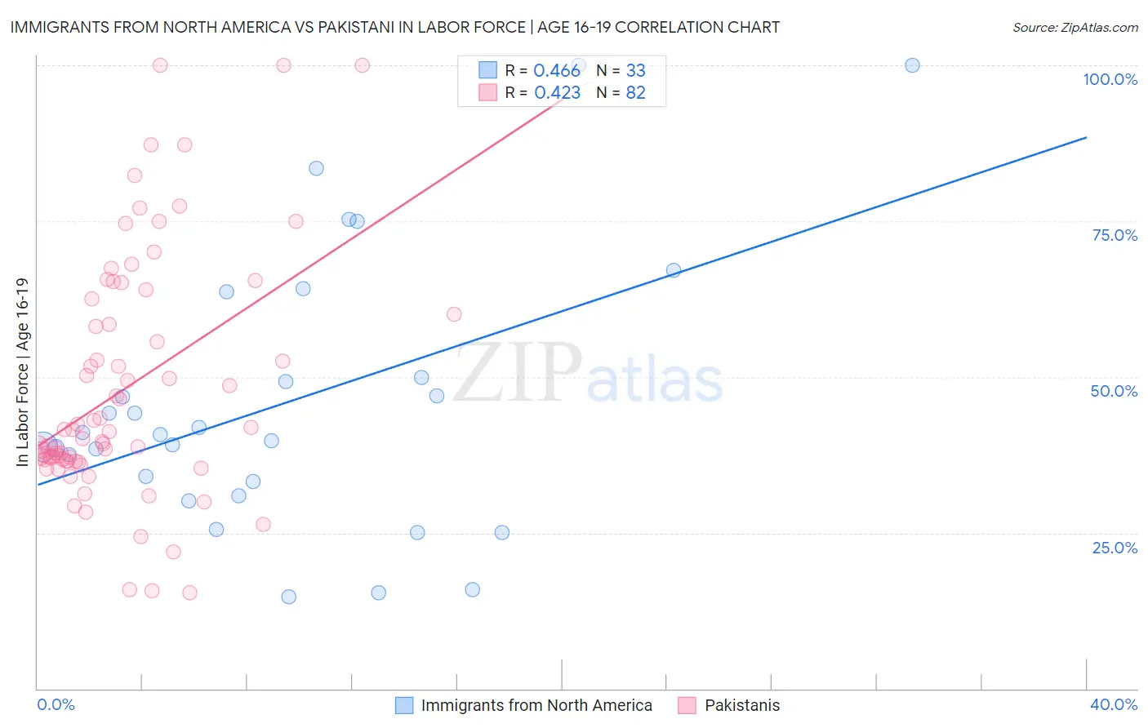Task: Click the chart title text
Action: click(x=394, y=27)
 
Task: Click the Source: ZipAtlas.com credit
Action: click(x=1075, y=28)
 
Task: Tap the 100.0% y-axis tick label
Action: click(x=1110, y=79)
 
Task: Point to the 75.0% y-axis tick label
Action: click(x=1115, y=235)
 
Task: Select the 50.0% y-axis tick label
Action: click(x=1114, y=391)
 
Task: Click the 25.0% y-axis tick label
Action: click(x=1115, y=548)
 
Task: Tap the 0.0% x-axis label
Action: click(x=56, y=704)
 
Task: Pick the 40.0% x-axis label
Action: click(x=1114, y=704)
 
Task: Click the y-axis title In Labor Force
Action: click(x=23, y=372)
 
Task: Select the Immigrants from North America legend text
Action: click(x=536, y=705)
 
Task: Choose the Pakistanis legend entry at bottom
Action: click(x=742, y=705)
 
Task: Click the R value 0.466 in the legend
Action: click(x=557, y=71)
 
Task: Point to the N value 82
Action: click(x=635, y=93)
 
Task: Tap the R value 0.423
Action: click(x=557, y=93)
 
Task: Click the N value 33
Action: click(x=635, y=71)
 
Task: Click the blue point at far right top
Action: click(x=912, y=65)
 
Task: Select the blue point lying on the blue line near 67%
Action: click(x=674, y=270)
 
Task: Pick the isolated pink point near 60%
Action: click(x=454, y=314)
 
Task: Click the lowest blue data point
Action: click(x=288, y=597)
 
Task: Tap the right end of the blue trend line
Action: click(x=1086, y=137)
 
